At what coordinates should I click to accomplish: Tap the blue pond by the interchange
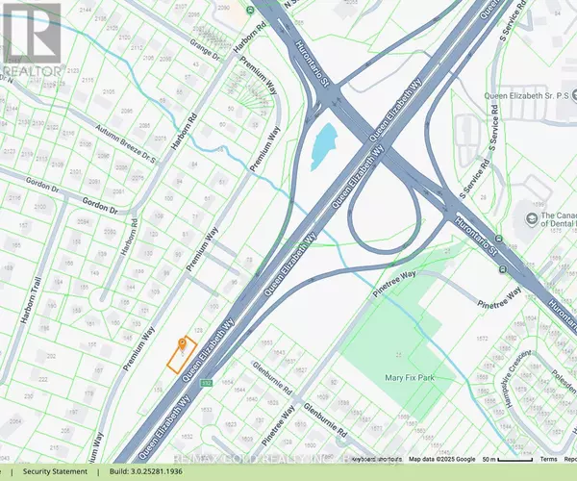pyautogui.click(x=324, y=143)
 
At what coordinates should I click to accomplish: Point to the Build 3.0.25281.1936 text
pyautogui.click(x=159, y=472)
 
